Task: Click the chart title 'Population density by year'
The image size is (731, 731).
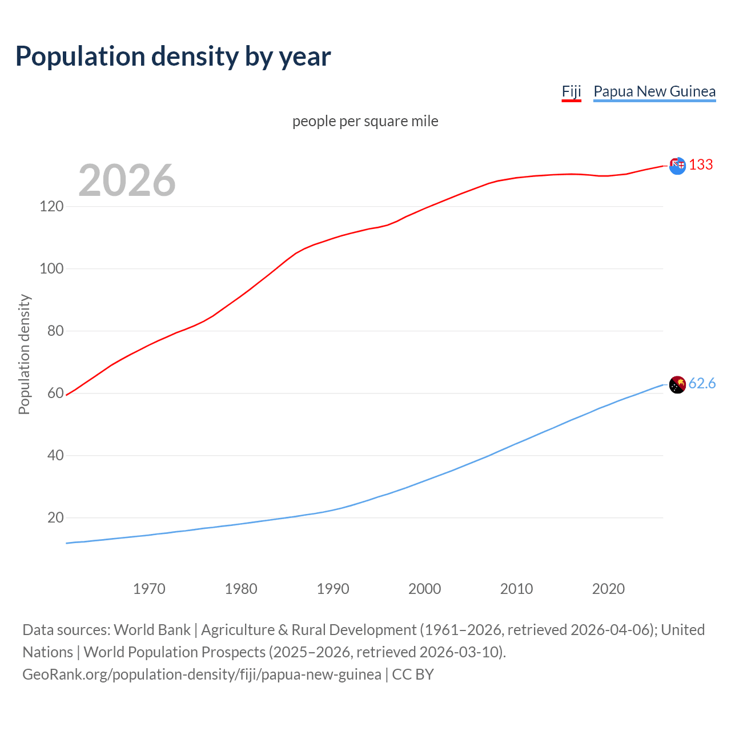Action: [173, 57]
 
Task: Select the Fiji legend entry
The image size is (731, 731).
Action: [571, 91]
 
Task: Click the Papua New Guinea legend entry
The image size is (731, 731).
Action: [654, 91]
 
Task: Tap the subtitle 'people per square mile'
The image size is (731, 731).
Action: [365, 121]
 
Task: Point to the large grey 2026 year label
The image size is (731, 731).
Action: [127, 180]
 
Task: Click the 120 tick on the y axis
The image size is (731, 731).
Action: [51, 206]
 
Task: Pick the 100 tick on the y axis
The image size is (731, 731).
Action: [51, 268]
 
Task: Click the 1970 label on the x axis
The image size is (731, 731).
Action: [149, 589]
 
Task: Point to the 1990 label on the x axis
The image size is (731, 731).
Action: [333, 589]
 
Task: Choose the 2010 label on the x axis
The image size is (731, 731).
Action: [516, 589]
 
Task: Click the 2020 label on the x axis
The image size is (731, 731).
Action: [608, 589]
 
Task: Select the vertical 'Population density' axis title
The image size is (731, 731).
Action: [24, 354]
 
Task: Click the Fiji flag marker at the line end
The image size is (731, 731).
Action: [677, 166]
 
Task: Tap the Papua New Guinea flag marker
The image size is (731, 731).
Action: [677, 385]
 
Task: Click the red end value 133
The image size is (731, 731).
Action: [701, 165]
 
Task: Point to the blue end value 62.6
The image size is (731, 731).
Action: [702, 384]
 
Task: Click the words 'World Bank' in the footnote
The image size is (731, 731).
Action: [152, 630]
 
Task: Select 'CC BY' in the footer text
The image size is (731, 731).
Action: [413, 674]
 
